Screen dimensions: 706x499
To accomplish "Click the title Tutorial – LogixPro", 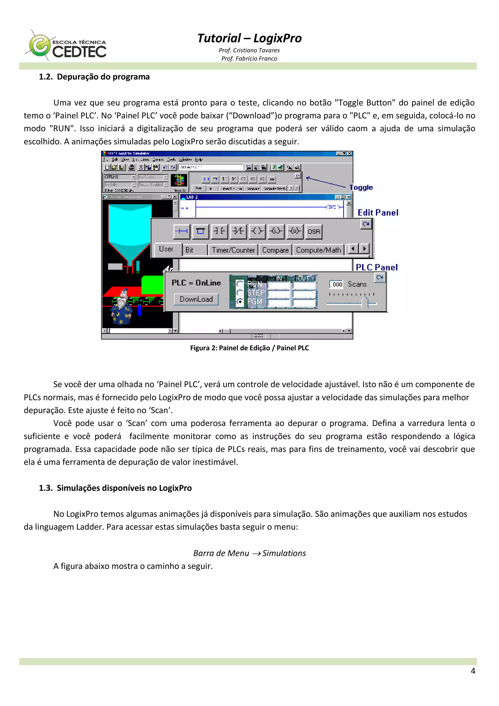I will (249, 38).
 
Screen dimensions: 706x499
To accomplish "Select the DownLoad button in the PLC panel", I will (196, 299).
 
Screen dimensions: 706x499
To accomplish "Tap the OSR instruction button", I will (314, 232).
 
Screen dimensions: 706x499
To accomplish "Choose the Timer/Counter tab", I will (233, 250).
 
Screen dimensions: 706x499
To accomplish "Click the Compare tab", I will (275, 250).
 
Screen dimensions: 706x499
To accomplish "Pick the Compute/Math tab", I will (318, 250).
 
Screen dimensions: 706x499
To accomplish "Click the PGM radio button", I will (240, 302).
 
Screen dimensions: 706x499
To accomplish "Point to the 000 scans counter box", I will (337, 284).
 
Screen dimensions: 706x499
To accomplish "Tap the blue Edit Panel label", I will (378, 213).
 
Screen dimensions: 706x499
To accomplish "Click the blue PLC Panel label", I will (377, 267).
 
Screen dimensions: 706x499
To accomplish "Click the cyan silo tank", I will (130, 228).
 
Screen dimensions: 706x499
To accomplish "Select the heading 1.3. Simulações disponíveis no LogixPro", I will (115, 488).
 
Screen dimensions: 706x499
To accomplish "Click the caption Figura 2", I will (249, 348).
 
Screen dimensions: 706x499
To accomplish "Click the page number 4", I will (473, 671).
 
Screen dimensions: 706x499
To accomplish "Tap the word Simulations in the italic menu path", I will (284, 553).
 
